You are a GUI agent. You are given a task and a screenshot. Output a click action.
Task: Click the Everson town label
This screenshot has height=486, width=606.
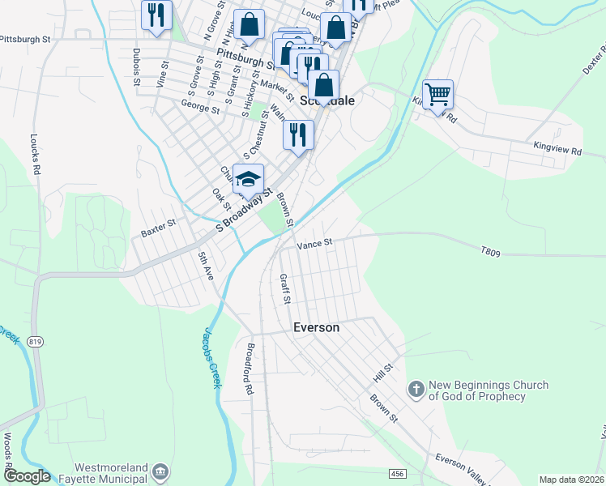pos(315,328)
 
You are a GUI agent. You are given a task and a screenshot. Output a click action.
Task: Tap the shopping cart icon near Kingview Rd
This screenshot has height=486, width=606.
pos(437,95)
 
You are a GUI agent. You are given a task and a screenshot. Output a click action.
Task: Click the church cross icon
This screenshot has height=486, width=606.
pos(416,390)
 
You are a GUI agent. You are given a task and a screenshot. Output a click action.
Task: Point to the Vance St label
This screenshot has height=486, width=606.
pos(315,243)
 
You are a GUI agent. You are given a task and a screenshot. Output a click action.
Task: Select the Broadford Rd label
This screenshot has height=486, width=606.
pos(250,369)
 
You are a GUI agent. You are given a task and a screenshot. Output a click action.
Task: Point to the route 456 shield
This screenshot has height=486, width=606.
pos(396,473)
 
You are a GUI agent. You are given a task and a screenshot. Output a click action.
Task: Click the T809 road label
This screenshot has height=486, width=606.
pos(491,253)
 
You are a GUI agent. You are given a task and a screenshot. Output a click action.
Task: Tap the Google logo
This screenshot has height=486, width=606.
pos(26,476)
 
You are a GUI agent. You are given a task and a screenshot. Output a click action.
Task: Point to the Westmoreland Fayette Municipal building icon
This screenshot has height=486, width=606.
pos(160,471)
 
